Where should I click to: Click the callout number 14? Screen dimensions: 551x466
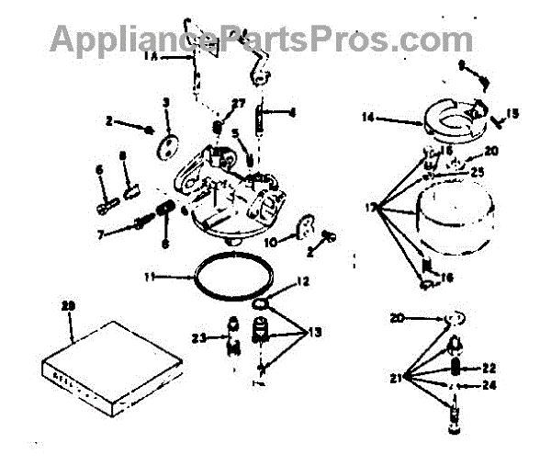click(x=366, y=117)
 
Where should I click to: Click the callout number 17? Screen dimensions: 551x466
click(x=371, y=209)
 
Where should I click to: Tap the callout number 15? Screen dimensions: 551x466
click(x=512, y=114)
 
